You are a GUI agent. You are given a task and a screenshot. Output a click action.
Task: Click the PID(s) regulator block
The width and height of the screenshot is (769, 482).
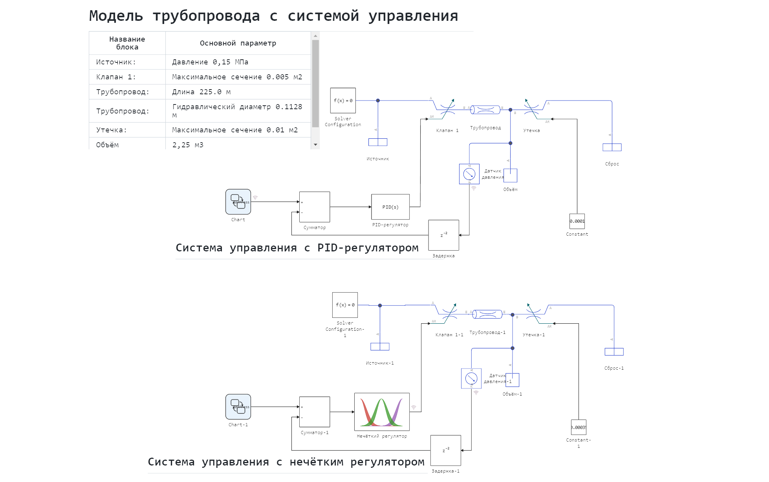[x=390, y=207]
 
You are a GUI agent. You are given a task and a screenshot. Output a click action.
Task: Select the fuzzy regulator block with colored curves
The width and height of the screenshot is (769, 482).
[x=382, y=412]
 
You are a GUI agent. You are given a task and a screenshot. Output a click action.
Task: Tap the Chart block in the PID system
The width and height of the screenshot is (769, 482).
[x=238, y=202]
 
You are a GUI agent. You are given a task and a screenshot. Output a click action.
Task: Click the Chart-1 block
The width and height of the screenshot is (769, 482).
[x=238, y=407]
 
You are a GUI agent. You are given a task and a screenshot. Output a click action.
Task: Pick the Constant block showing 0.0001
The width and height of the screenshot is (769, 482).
[x=577, y=221]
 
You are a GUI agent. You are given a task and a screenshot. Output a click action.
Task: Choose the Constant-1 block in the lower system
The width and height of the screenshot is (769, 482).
[x=578, y=427]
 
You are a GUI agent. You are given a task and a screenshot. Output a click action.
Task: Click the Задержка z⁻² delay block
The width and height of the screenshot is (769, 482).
[x=443, y=235]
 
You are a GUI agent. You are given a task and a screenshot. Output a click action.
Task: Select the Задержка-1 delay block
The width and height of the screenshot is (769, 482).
[x=445, y=450]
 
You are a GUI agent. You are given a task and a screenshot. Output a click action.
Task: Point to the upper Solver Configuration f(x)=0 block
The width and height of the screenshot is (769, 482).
[x=343, y=101]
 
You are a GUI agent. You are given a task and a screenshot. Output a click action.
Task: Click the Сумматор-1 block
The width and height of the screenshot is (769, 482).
[x=315, y=412]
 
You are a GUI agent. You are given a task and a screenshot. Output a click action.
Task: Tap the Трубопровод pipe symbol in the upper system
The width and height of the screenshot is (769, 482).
[x=485, y=110]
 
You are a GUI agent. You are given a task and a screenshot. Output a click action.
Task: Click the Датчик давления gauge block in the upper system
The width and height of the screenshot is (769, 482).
[x=469, y=174]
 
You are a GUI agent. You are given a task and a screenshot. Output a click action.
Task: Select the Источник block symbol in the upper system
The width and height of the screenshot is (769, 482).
[x=378, y=142]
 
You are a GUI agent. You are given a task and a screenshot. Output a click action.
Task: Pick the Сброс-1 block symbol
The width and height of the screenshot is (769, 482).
[x=614, y=352]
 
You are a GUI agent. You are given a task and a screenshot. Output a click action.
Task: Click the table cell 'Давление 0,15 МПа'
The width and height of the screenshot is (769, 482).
[x=210, y=62]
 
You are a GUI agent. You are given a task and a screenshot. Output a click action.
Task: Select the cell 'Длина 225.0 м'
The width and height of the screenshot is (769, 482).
[x=201, y=92]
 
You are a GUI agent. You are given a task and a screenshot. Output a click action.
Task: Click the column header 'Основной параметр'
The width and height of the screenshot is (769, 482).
[x=238, y=43]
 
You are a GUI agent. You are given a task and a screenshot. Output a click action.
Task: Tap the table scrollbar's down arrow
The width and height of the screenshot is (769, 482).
[x=315, y=145]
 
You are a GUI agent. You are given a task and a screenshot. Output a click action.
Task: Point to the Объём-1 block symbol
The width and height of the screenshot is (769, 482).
[x=513, y=380]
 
